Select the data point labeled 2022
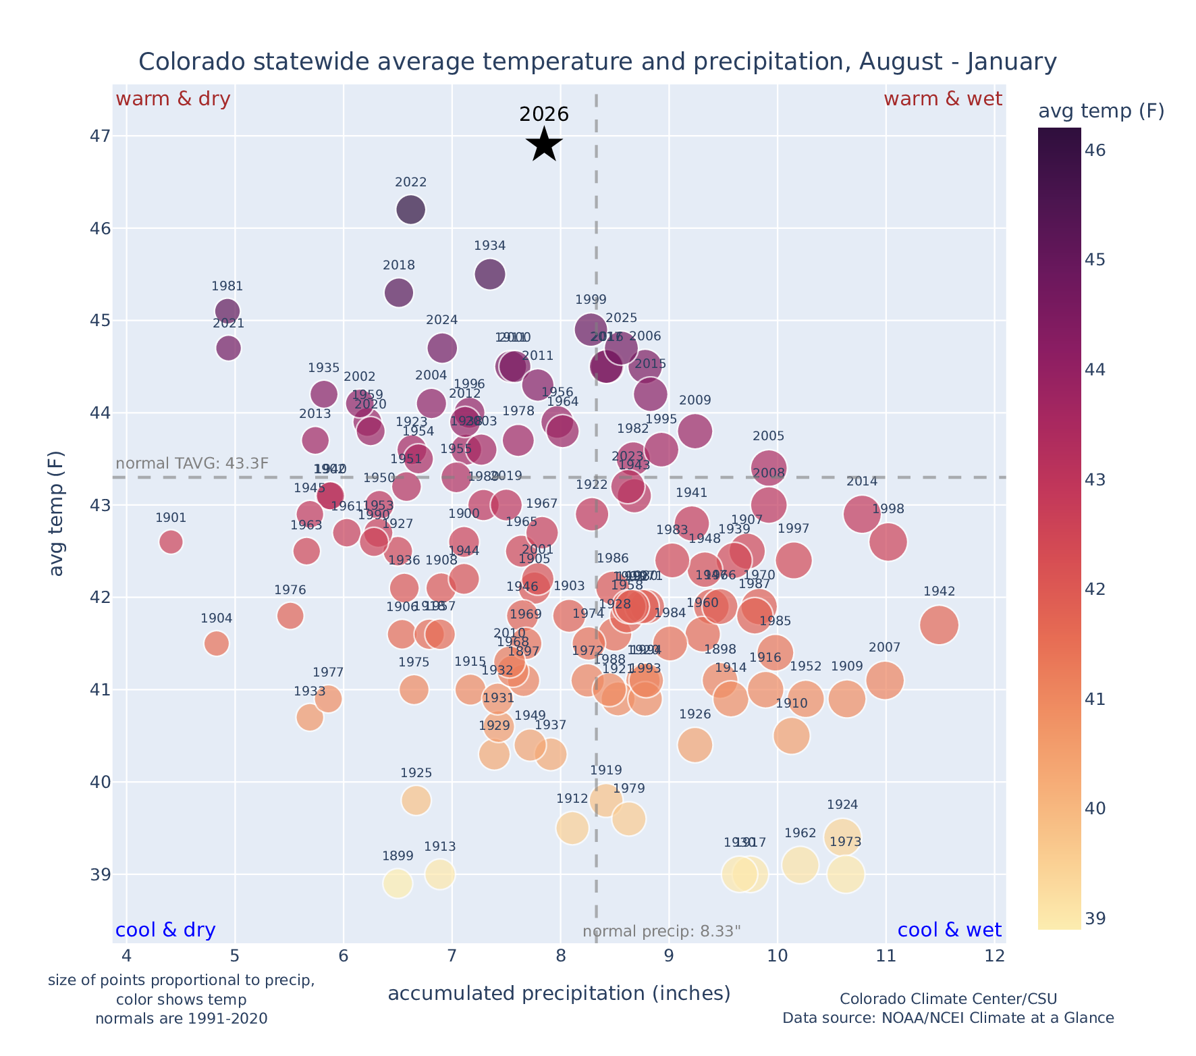410,210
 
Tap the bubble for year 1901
171,542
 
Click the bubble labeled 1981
227,311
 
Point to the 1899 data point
398,883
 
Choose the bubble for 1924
842,837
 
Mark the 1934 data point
490,273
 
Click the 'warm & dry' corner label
173,99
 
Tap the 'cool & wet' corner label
949,930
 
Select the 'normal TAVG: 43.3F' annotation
192,464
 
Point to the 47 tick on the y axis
99,136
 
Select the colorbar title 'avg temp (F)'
1101,111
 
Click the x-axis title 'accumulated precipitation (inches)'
559,993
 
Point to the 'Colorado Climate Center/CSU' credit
948,999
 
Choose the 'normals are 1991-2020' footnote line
181,1018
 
